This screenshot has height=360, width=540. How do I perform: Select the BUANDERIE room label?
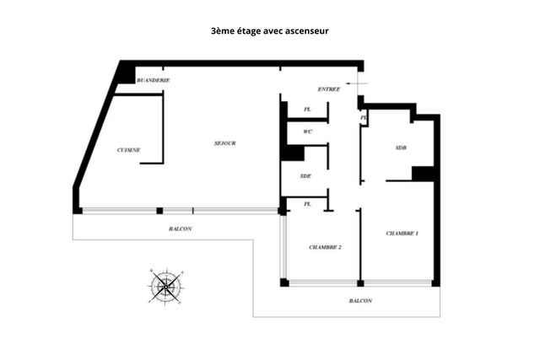pyautogui.click(x=154, y=80)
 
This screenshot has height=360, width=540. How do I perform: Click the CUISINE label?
pyautogui.click(x=128, y=150)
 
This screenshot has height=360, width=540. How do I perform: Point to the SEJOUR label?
pyautogui.click(x=224, y=143)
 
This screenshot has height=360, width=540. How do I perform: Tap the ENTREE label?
pyautogui.click(x=329, y=89)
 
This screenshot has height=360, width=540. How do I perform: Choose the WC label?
pyautogui.click(x=308, y=132)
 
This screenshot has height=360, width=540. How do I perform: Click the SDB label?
pyautogui.click(x=401, y=148)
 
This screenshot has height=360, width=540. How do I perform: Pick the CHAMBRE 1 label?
pyautogui.click(x=402, y=233)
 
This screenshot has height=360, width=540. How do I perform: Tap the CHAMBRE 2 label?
pyautogui.click(x=325, y=247)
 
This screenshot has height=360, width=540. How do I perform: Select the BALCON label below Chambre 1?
pyautogui.click(x=360, y=301)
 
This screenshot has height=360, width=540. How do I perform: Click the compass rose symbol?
pyautogui.click(x=166, y=287)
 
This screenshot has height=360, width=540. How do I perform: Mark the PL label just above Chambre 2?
pyautogui.click(x=307, y=204)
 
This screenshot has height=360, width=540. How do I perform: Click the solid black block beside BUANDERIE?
pyautogui.click(x=127, y=74)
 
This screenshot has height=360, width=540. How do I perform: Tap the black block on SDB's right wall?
pyautogui.click(x=423, y=173)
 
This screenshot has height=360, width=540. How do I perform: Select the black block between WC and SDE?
pyautogui.click(x=293, y=153)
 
